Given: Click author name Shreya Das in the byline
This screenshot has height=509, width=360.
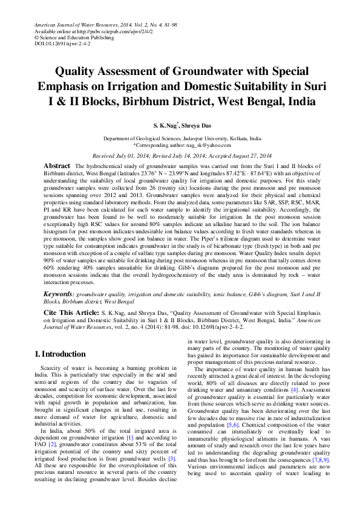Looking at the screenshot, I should (x=195, y=125).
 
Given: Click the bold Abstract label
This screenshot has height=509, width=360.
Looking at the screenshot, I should (x=57, y=165).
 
